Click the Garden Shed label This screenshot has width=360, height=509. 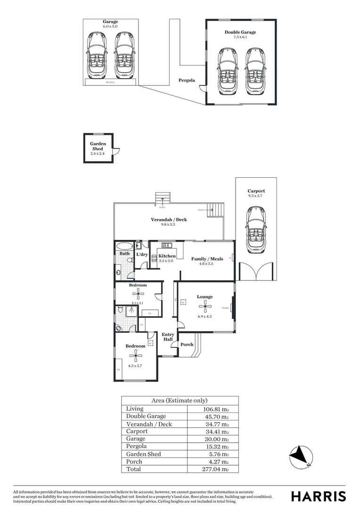pyautogui.click(x=98, y=146)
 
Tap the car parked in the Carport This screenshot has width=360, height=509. pyautogui.click(x=256, y=229)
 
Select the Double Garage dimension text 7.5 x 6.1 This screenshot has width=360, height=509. pyautogui.click(x=240, y=37)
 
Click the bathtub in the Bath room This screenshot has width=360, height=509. pyautogui.click(x=124, y=246)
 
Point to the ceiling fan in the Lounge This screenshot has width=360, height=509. pyautogui.click(x=205, y=306)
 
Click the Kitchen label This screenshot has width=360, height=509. pyautogui.click(x=167, y=256)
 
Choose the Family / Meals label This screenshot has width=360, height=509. pyautogui.click(x=207, y=259)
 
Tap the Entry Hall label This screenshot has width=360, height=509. pyautogui.click(x=168, y=337)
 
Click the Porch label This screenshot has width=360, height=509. pyautogui.click(x=187, y=345)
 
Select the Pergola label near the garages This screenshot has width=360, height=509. pyautogui.click(x=187, y=81)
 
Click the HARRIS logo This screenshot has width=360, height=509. pyautogui.click(x=318, y=496)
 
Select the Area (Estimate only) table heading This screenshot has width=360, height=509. pyautogui.click(x=179, y=400)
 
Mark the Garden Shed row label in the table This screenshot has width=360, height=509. pyautogui.click(x=143, y=454)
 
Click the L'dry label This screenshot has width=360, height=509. pyautogui.click(x=142, y=255)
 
